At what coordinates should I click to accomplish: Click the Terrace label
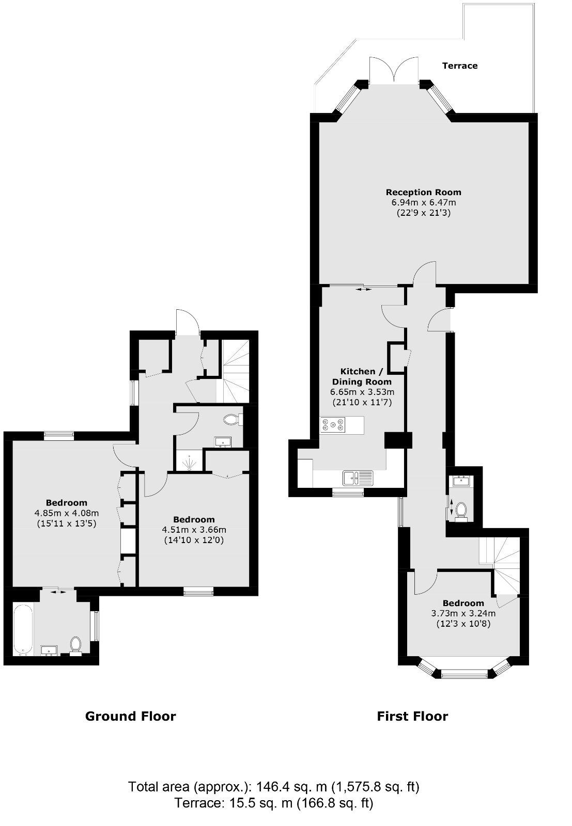pyautogui.click(x=460, y=66)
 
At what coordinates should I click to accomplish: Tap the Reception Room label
pyautogui.click(x=423, y=193)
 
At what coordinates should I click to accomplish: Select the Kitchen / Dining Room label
pyautogui.click(x=365, y=377)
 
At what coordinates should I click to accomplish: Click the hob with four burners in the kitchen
pyautogui.click(x=334, y=425)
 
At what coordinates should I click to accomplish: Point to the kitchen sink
pyautogui.click(x=358, y=478)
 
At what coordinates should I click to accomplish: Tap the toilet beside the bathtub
pyautogui.click(x=75, y=645)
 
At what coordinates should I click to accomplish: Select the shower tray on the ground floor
pyautogui.click(x=190, y=462)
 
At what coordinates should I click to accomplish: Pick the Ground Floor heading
pyautogui.click(x=130, y=716)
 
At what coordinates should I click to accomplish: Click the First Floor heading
pyautogui.click(x=412, y=716)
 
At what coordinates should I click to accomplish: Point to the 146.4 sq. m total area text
pyautogui.click(x=274, y=787)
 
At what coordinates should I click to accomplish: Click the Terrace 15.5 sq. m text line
pyautogui.click(x=274, y=803)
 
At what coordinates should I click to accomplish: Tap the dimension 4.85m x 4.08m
pyautogui.click(x=67, y=513)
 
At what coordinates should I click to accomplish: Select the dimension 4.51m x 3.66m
pyautogui.click(x=194, y=530)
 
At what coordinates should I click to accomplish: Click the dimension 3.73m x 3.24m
pyautogui.click(x=463, y=613)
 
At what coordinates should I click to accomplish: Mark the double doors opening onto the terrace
pyautogui.click(x=394, y=71)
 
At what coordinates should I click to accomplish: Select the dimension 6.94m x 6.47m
pyautogui.click(x=423, y=202)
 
